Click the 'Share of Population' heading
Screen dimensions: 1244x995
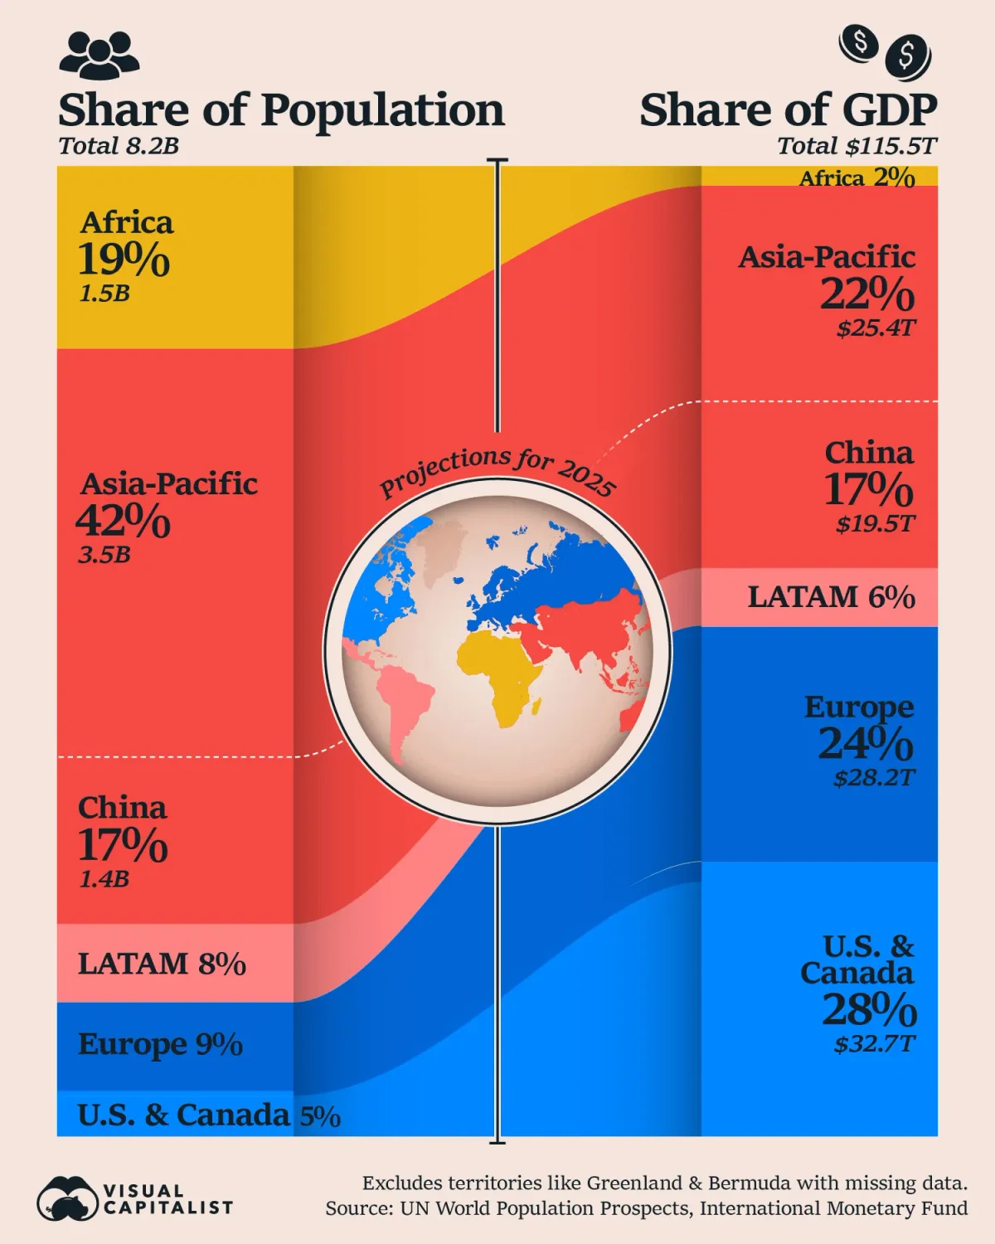pos(281,110)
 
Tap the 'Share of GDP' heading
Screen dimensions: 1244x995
pos(788,110)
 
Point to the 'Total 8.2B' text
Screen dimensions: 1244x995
pos(119,147)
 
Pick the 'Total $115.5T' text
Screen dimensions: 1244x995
pos(857,147)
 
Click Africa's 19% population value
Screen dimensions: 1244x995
pos(124,260)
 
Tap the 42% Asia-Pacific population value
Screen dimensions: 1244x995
pos(123,521)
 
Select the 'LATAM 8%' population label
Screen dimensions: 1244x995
pos(162,964)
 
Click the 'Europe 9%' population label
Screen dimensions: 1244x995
pos(160,1044)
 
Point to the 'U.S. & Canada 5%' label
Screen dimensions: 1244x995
pos(209,1115)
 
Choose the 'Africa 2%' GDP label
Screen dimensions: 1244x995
pos(857,177)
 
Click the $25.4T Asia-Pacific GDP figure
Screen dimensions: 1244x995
pos(876,328)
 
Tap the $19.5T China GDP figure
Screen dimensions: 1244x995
pos(876,524)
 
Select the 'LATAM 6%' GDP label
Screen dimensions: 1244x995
pos(831,597)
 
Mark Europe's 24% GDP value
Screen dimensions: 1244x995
pos(866,743)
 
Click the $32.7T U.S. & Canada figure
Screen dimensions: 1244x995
pos(875,1043)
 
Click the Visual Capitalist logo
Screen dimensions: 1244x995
pos(134,1199)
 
